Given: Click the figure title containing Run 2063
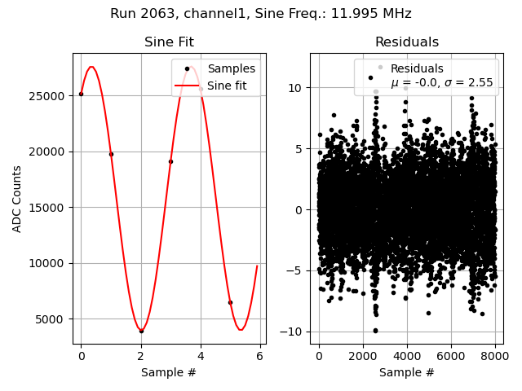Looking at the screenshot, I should click(261, 14).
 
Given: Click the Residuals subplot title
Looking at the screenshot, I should click(406, 42).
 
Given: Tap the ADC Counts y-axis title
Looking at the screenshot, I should click(17, 199).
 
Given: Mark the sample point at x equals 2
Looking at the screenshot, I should click(141, 331).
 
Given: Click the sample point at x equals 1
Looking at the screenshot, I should click(111, 154).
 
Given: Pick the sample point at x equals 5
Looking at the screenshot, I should click(230, 302).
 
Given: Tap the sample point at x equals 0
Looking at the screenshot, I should click(81, 94).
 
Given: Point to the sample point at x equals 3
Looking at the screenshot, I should click(170, 161).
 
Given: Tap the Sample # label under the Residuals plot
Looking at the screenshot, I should click(406, 373).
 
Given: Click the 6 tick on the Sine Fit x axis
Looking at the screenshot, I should click(260, 356).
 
